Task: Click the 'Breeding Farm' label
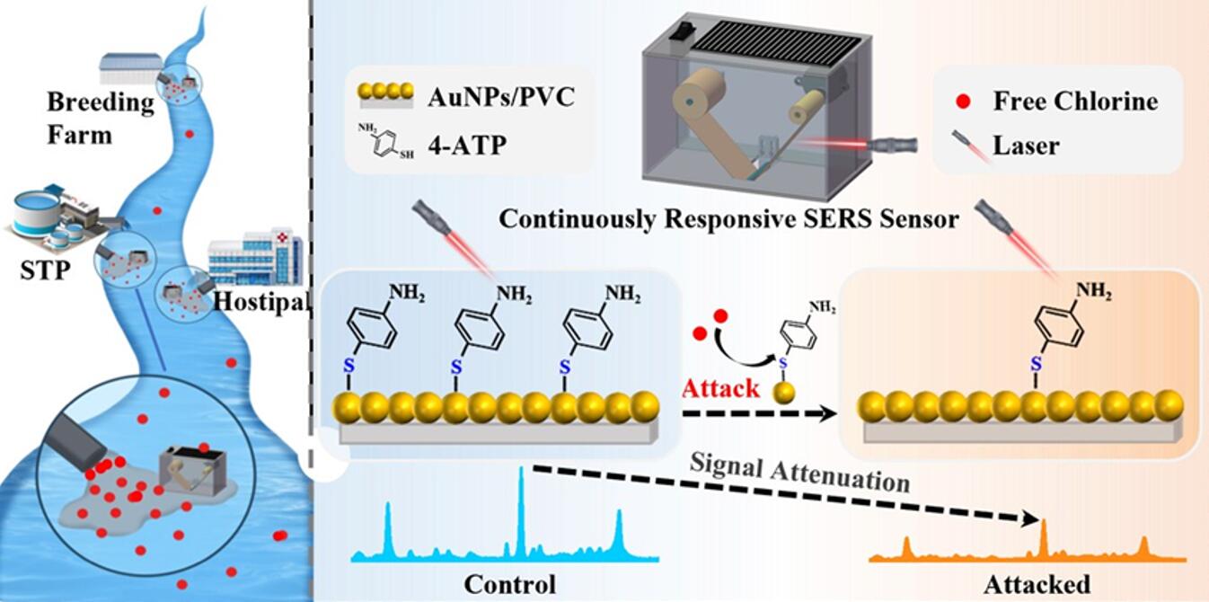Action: click(x=101, y=118)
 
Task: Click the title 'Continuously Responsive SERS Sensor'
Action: click(x=728, y=219)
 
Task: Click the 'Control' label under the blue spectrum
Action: click(x=509, y=584)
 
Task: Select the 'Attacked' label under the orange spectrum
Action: click(x=1037, y=584)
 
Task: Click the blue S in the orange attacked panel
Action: click(x=1036, y=364)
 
